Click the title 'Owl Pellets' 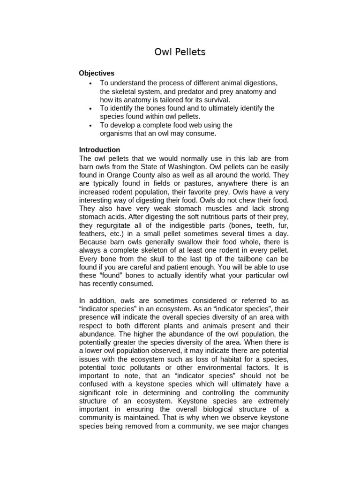180,52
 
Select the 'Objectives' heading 97,73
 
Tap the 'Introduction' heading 99,150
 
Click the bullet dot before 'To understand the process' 90,83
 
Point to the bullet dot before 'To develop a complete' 90,125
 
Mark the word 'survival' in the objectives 215,100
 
